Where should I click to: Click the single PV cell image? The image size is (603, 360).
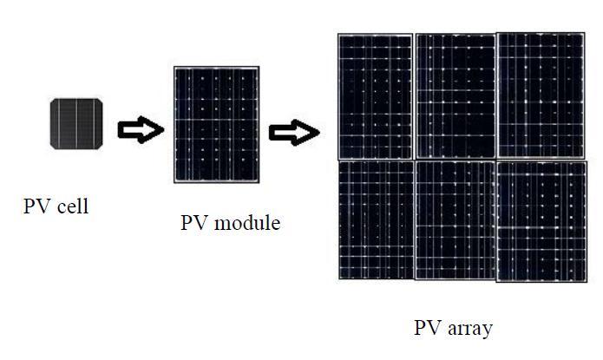click(x=77, y=123)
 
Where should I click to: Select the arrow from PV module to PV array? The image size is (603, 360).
click(x=294, y=133)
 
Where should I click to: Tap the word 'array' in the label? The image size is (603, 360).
click(x=469, y=329)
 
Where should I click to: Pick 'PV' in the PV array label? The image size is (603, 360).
click(x=427, y=329)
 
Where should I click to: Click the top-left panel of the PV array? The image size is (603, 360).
click(x=375, y=95)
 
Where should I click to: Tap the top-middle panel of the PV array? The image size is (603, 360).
click(x=455, y=95)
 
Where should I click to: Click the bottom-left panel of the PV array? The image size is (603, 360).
click(x=375, y=219)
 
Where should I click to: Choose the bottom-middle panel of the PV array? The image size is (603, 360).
click(x=455, y=220)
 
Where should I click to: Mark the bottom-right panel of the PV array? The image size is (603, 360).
click(x=540, y=221)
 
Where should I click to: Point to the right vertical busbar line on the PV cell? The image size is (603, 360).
click(x=87, y=123)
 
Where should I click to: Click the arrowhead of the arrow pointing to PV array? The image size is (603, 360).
click(x=308, y=133)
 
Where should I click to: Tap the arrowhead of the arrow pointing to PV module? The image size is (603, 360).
click(x=153, y=130)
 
